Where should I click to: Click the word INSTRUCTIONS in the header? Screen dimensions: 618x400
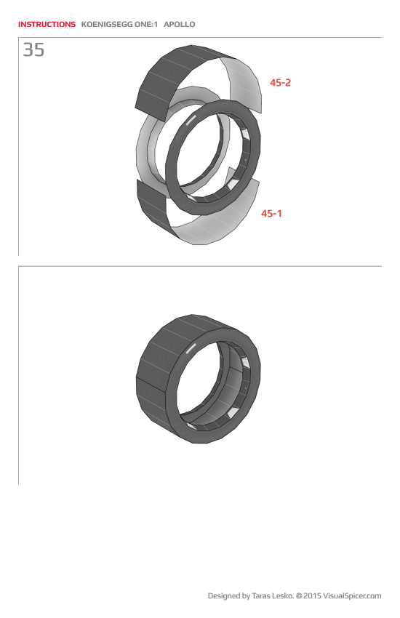pos(47,24)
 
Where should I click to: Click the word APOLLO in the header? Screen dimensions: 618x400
pos(180,24)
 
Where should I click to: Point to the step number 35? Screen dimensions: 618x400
pos(33,50)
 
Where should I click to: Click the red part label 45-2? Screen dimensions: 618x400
pos(280,83)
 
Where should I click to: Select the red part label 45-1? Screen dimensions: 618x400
pos(271,213)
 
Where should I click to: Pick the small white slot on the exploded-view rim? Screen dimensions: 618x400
pos(192,120)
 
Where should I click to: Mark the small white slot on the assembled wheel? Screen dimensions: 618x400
pos(192,350)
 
